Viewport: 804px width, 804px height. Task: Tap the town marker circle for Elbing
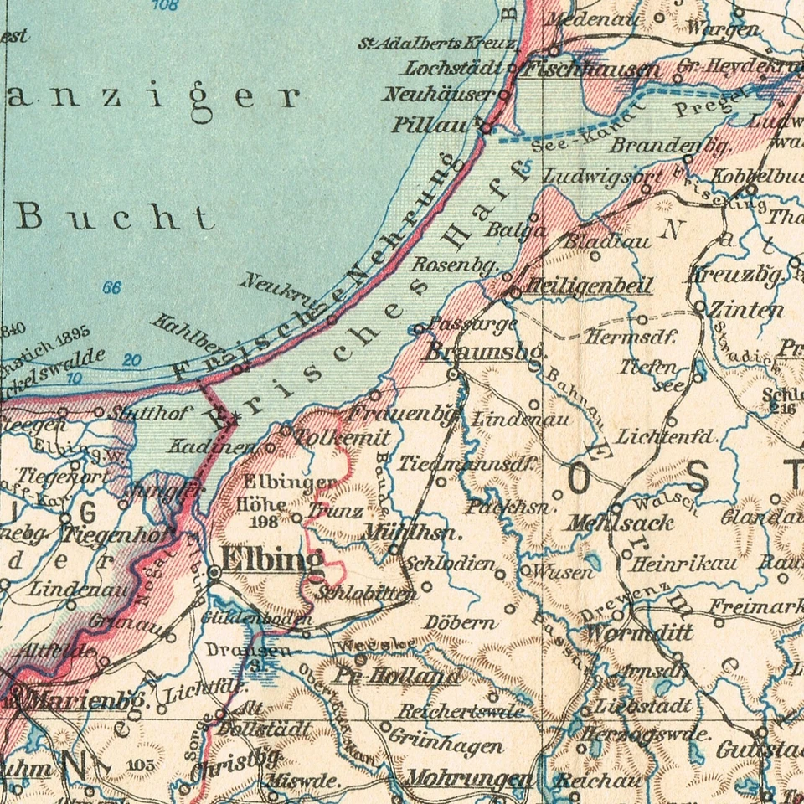pos(214,572)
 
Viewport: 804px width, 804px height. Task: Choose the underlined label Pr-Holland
pos(398,676)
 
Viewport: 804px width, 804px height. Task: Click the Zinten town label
pos(746,310)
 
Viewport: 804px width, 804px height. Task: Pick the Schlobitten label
pos(368,594)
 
